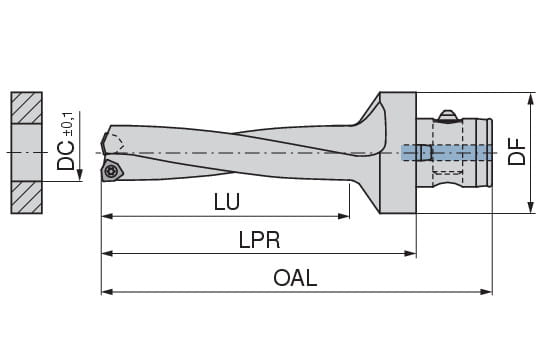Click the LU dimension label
[x=227, y=202]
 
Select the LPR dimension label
[x=259, y=240]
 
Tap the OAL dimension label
[x=295, y=278]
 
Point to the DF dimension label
[x=516, y=152]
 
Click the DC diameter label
[x=66, y=156]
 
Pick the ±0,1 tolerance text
[x=68, y=124]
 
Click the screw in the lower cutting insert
[x=110, y=171]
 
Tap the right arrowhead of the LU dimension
[x=343, y=216]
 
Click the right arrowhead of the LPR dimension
[x=410, y=253]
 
